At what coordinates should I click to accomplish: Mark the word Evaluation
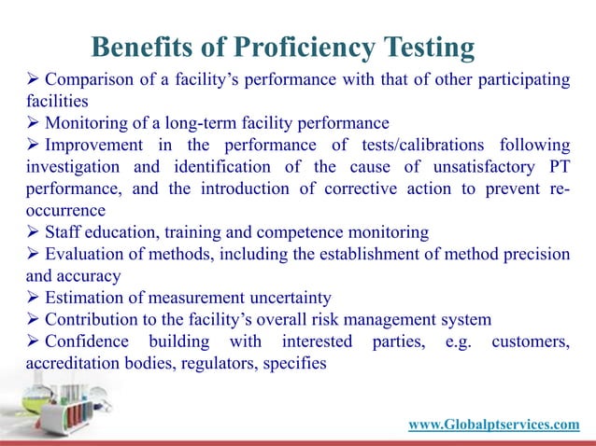[87, 255]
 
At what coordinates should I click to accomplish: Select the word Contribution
[94, 320]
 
